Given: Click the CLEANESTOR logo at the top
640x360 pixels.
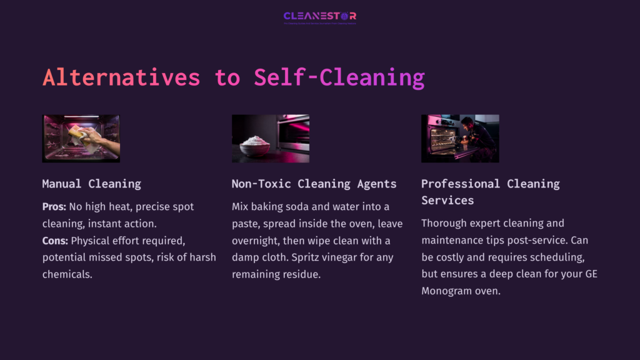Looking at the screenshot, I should pyautogui.click(x=319, y=16).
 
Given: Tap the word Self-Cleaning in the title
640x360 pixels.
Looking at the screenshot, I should pyautogui.click(x=339, y=77).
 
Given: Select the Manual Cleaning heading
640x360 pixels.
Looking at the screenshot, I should pyautogui.click(x=91, y=184).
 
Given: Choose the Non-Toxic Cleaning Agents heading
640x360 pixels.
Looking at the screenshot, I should pyautogui.click(x=314, y=184).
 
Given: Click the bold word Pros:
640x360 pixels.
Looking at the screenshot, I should pyautogui.click(x=54, y=206).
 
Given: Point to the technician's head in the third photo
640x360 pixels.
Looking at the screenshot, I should pyautogui.click(x=467, y=121).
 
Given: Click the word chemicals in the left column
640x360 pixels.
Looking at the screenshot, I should pyautogui.click(x=67, y=274).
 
